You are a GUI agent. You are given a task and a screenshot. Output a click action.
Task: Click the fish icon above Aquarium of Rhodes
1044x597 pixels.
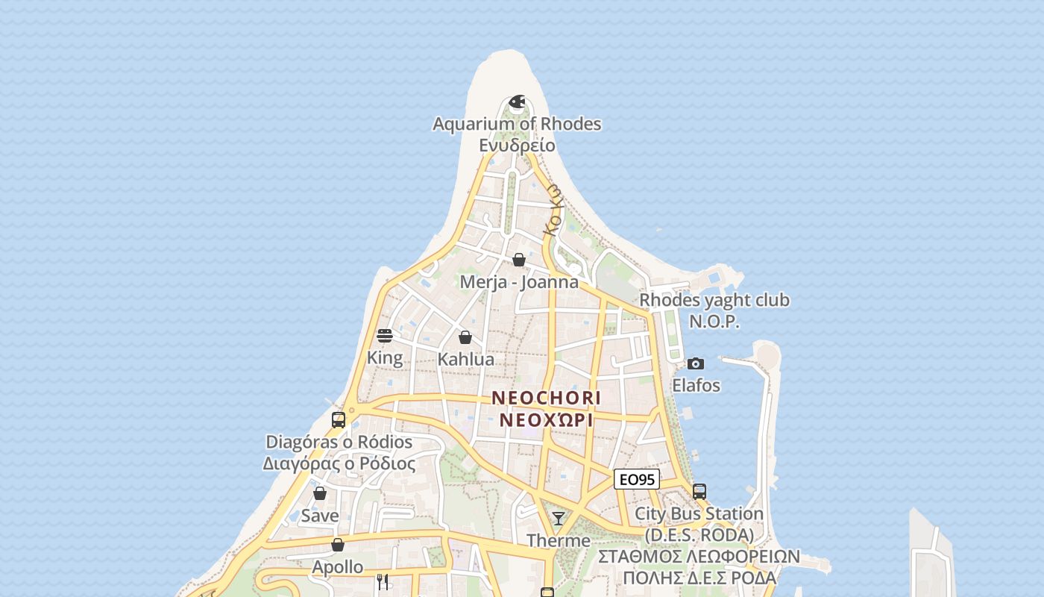point(517,101)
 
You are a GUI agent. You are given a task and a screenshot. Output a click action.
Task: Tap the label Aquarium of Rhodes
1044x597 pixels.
point(517,124)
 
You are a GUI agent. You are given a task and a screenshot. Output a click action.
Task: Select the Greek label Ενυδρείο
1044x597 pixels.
point(517,145)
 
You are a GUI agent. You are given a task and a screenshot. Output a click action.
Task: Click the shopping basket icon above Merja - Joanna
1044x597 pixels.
point(519,260)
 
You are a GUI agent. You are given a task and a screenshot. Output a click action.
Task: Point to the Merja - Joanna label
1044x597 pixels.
point(519,282)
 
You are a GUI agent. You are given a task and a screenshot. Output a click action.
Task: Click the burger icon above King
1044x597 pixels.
point(385,336)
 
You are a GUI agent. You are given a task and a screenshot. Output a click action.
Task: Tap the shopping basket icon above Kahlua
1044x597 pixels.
point(465,337)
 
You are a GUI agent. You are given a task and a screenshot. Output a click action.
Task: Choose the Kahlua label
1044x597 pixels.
point(465,359)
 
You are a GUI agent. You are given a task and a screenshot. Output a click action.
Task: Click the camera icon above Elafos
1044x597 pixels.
point(696,363)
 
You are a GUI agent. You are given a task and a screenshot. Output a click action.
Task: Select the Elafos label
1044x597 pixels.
point(696,385)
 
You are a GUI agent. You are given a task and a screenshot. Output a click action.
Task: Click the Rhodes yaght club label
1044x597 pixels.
point(714,300)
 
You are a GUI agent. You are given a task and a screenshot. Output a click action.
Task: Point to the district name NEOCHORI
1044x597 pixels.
point(546,398)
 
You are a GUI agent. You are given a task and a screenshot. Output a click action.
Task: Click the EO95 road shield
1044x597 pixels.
point(637,479)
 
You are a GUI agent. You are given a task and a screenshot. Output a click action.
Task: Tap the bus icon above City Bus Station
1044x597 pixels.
point(699,492)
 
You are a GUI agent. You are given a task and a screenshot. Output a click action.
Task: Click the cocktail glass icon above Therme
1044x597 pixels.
point(559,518)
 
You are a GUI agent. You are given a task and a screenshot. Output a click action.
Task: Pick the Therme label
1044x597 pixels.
point(559,540)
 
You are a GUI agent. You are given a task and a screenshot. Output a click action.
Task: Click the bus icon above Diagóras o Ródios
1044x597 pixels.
point(339,419)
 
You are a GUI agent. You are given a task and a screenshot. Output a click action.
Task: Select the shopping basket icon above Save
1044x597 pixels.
point(320,493)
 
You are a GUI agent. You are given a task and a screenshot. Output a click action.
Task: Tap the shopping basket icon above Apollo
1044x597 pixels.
point(338,545)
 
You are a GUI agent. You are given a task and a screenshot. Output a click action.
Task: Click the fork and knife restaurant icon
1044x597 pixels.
point(383,581)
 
